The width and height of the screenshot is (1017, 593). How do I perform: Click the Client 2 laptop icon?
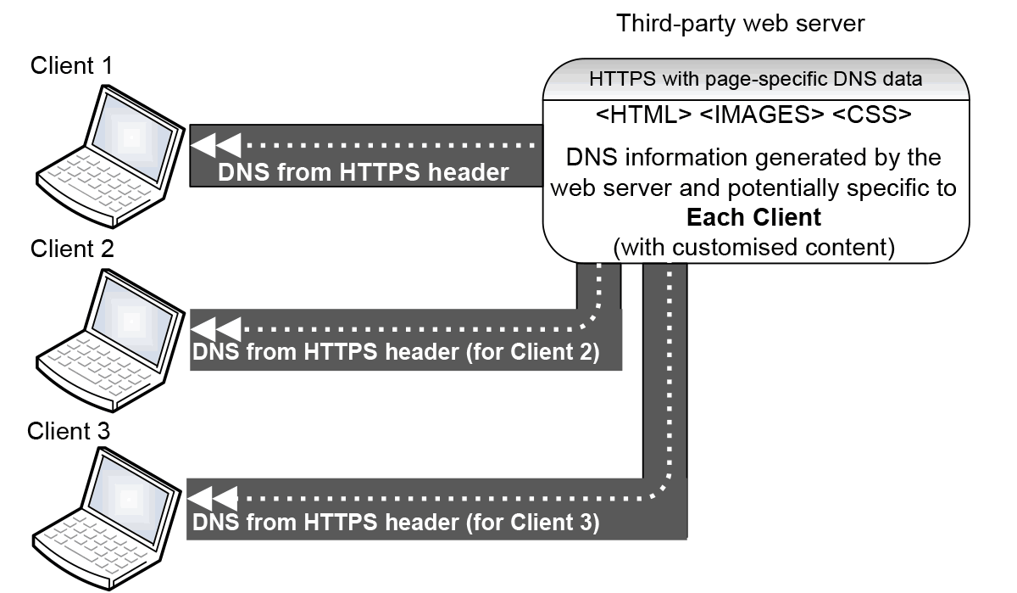point(110,339)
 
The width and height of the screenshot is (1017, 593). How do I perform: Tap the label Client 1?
point(71,67)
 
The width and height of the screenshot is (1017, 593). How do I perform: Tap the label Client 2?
point(72,249)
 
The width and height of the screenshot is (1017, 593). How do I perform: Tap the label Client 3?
point(69,431)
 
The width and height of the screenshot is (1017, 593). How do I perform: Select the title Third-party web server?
point(741,24)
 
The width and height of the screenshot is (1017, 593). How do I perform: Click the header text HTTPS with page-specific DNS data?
point(755,81)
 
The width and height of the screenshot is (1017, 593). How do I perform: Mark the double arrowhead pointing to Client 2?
point(216,327)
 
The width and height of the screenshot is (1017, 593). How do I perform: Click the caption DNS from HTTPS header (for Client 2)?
point(396,352)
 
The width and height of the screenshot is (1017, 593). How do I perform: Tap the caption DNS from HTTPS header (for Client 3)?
point(396,522)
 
